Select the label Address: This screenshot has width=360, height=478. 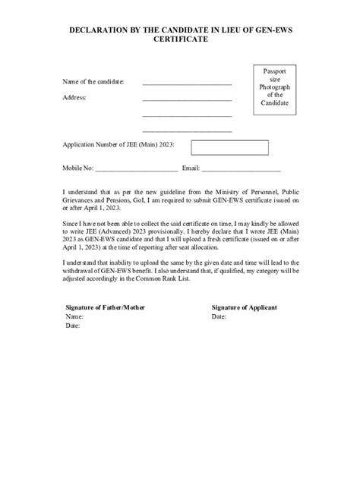(x=74, y=98)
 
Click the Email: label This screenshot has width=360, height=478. (x=191, y=168)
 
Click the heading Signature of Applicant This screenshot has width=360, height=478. (x=244, y=307)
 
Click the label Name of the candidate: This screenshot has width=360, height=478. (x=93, y=81)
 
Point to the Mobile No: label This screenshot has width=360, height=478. (x=77, y=168)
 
